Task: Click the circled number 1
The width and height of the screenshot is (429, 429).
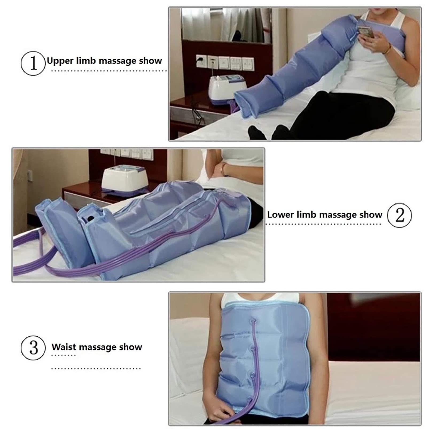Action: pyautogui.click(x=33, y=63)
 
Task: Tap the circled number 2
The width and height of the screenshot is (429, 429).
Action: pyautogui.click(x=399, y=215)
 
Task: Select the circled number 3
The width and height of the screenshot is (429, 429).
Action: pyautogui.click(x=33, y=348)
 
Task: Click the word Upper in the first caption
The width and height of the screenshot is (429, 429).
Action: pyautogui.click(x=60, y=61)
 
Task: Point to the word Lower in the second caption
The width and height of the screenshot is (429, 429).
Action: pyautogui.click(x=280, y=215)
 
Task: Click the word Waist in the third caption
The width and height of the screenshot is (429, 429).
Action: pyautogui.click(x=64, y=347)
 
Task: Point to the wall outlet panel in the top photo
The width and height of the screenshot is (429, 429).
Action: pyautogui.click(x=224, y=62)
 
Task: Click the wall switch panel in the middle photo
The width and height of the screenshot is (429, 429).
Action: pyautogui.click(x=127, y=154)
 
